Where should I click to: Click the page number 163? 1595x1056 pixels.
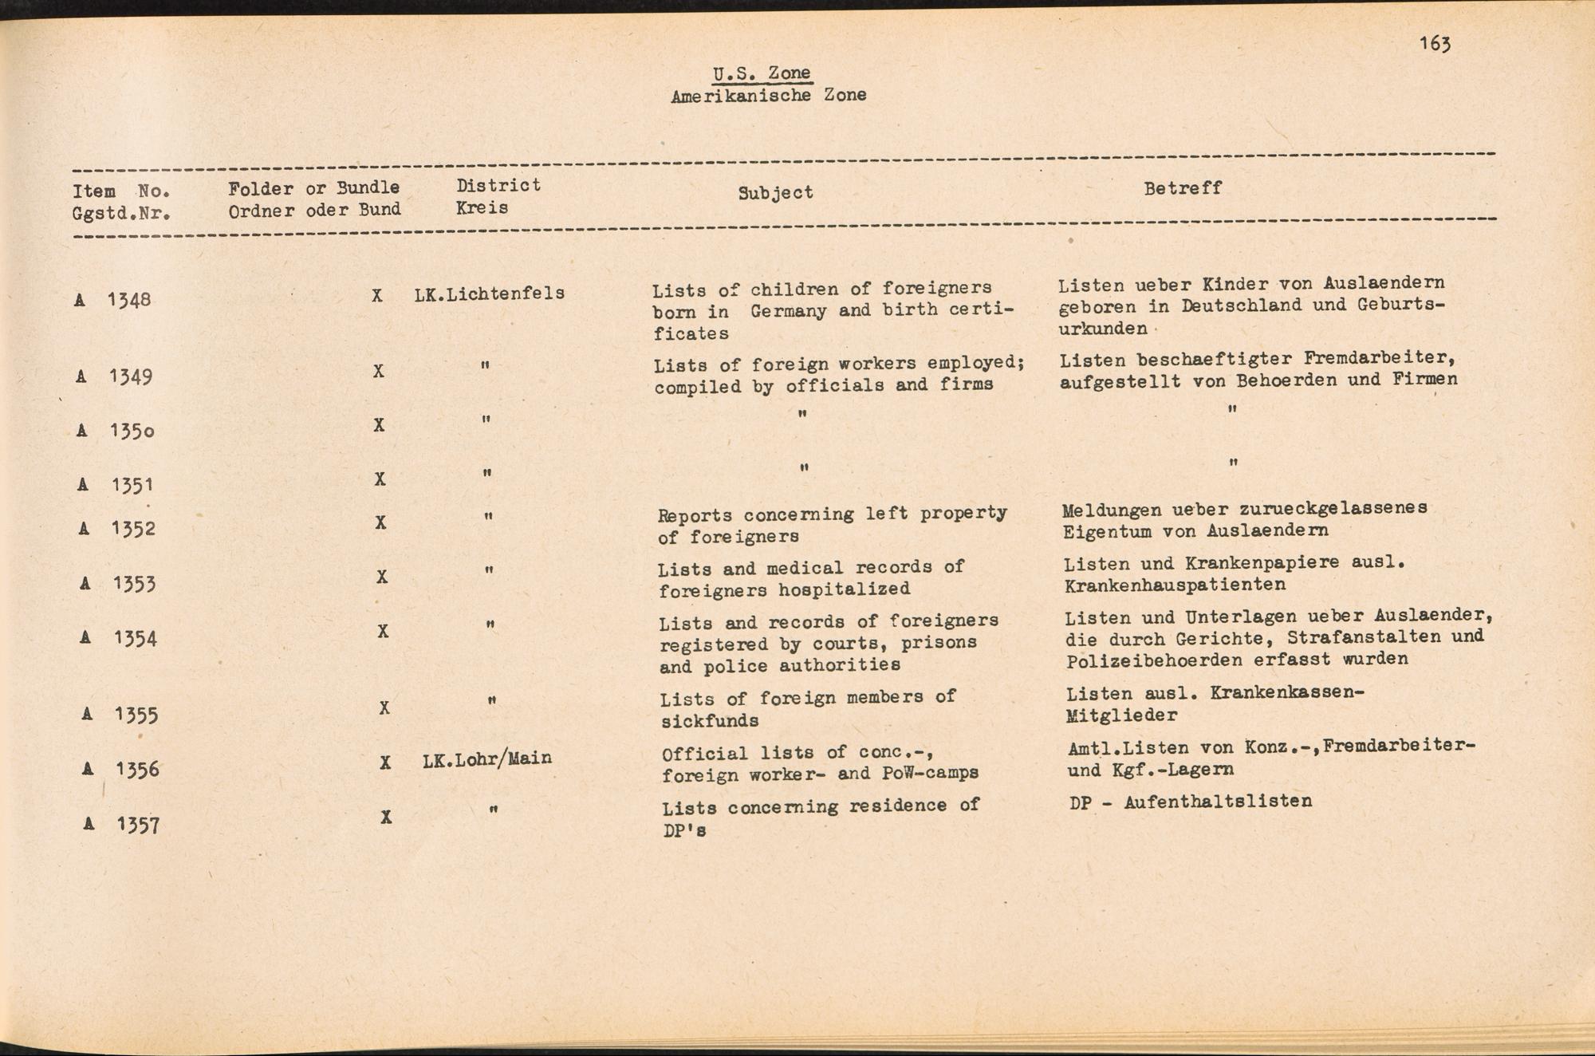click(x=1434, y=44)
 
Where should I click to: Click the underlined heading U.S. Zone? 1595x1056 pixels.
click(x=762, y=73)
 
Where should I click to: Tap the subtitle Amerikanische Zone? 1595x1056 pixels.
click(x=768, y=96)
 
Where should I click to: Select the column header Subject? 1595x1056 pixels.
click(x=775, y=192)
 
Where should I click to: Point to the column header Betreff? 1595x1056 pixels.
click(x=1183, y=188)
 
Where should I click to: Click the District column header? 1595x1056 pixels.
click(x=498, y=186)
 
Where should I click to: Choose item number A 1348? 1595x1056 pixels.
click(x=113, y=300)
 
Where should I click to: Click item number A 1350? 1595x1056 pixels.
click(x=116, y=431)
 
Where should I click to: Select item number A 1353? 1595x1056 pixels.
click(x=119, y=584)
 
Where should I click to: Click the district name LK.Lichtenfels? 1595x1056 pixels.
click(x=489, y=294)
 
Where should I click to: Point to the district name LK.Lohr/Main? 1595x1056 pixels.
click(x=487, y=759)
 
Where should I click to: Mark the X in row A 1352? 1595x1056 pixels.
click(x=380, y=522)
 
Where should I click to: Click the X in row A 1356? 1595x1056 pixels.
click(x=385, y=762)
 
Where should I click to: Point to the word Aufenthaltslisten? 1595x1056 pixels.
click(x=1218, y=801)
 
